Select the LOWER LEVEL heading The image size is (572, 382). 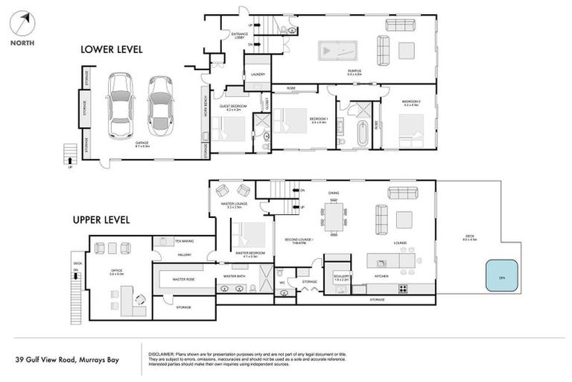click(111, 50)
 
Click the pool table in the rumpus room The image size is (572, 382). click(337, 50)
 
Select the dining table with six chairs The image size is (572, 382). click(333, 219)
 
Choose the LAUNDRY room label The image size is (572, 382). click(258, 75)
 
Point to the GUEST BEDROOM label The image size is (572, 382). click(232, 107)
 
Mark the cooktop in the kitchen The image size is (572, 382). click(403, 289)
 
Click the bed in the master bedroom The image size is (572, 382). click(247, 237)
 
